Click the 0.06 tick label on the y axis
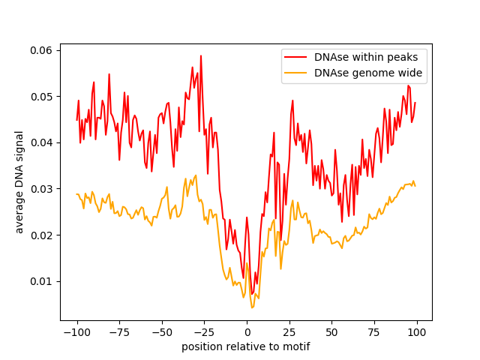(x=41, y=50)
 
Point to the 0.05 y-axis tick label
(x=41, y=97)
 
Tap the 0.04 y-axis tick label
(x=41, y=143)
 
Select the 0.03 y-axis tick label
(x=41, y=189)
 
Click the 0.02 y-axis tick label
(x=41, y=235)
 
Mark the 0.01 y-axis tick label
(x=41, y=281)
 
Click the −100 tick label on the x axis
(x=77, y=332)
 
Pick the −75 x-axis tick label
(x=119, y=332)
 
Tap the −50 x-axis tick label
(x=162, y=332)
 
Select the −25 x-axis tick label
(x=204, y=332)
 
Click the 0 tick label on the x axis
(x=247, y=332)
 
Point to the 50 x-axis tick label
(x=331, y=332)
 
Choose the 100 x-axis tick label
(x=417, y=332)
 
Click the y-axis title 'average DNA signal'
(x=19, y=182)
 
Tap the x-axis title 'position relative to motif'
(x=246, y=346)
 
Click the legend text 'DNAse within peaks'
(x=366, y=57)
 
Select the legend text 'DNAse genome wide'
(x=368, y=73)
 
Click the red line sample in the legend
(x=295, y=57)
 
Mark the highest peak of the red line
(x=201, y=55)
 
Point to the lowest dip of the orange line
(x=252, y=307)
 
